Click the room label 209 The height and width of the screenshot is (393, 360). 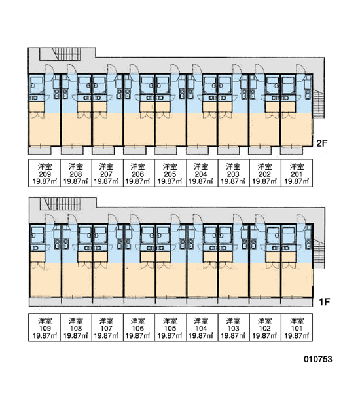pyautogui.click(x=45, y=174)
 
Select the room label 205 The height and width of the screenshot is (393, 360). pyautogui.click(x=170, y=174)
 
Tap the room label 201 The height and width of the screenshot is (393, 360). pyautogui.click(x=297, y=174)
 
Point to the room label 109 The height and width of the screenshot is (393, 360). pyautogui.click(x=45, y=328)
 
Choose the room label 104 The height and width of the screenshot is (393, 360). pyautogui.click(x=201, y=328)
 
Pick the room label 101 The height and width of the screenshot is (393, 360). pyautogui.click(x=297, y=328)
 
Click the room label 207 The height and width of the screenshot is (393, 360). pyautogui.click(x=106, y=174)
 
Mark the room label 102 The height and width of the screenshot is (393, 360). pyautogui.click(x=264, y=328)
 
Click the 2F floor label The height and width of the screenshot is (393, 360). pyautogui.click(x=322, y=143)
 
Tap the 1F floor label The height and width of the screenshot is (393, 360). pyautogui.click(x=324, y=302)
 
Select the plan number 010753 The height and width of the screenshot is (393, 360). pyautogui.click(x=318, y=359)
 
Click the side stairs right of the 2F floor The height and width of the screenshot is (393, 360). pyautogui.click(x=318, y=103)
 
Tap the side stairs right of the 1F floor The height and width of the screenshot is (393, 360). pyautogui.click(x=319, y=253)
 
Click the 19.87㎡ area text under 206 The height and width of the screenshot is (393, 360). pyautogui.click(x=137, y=181)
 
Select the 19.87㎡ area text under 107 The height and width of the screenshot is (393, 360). pyautogui.click(x=106, y=335)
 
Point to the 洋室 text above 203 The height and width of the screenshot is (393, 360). pyautogui.click(x=233, y=166)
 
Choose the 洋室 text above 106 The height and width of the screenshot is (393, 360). pyautogui.click(x=137, y=320)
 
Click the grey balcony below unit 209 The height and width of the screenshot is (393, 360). pyautogui.click(x=40, y=151)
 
